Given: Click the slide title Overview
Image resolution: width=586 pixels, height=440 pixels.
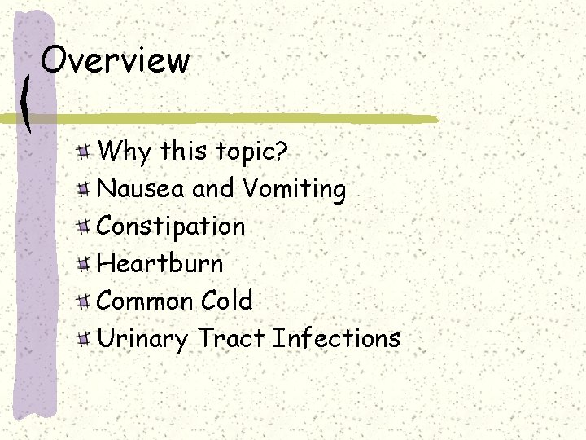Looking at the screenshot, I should click(x=115, y=59).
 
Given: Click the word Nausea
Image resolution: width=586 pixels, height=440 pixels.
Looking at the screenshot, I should click(x=142, y=189).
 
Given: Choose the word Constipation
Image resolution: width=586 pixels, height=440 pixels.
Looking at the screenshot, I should click(x=171, y=227).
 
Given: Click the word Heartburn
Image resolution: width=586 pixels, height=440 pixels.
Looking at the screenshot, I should click(x=160, y=263).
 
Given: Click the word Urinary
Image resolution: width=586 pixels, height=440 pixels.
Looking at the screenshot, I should click(x=142, y=339).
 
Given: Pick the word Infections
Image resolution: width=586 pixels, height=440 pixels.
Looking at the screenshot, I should click(x=336, y=337).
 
